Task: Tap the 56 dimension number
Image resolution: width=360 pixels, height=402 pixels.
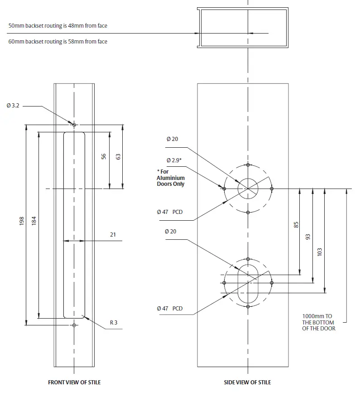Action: (x=104, y=156)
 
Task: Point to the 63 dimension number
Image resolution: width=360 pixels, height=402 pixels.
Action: (x=118, y=156)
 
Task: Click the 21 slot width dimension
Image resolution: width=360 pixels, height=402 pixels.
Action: (x=113, y=234)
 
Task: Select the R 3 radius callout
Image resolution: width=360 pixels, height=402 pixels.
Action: (x=114, y=323)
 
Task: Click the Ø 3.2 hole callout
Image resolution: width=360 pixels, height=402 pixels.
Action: (x=13, y=106)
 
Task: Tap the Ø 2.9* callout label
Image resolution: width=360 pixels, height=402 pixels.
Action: (x=174, y=160)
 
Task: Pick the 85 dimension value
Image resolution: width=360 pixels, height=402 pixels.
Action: (x=296, y=225)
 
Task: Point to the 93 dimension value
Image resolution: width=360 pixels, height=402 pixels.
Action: (x=308, y=237)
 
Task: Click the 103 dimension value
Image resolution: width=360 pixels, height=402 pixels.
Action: (x=320, y=252)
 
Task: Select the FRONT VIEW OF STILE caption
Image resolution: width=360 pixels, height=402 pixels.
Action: (x=74, y=382)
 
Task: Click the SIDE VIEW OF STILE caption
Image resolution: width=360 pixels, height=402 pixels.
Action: (x=247, y=382)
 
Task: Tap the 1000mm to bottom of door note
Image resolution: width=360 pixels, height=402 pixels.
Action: (x=318, y=322)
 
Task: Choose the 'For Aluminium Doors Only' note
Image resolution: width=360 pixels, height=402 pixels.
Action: (x=171, y=178)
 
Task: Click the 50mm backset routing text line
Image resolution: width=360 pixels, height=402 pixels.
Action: (x=58, y=26)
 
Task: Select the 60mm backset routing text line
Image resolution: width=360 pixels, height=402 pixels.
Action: (x=58, y=42)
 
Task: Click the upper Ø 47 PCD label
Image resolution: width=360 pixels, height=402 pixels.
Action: (x=170, y=212)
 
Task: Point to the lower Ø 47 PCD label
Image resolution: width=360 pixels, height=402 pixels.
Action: (x=170, y=308)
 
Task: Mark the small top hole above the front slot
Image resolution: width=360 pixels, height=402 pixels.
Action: (x=75, y=124)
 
